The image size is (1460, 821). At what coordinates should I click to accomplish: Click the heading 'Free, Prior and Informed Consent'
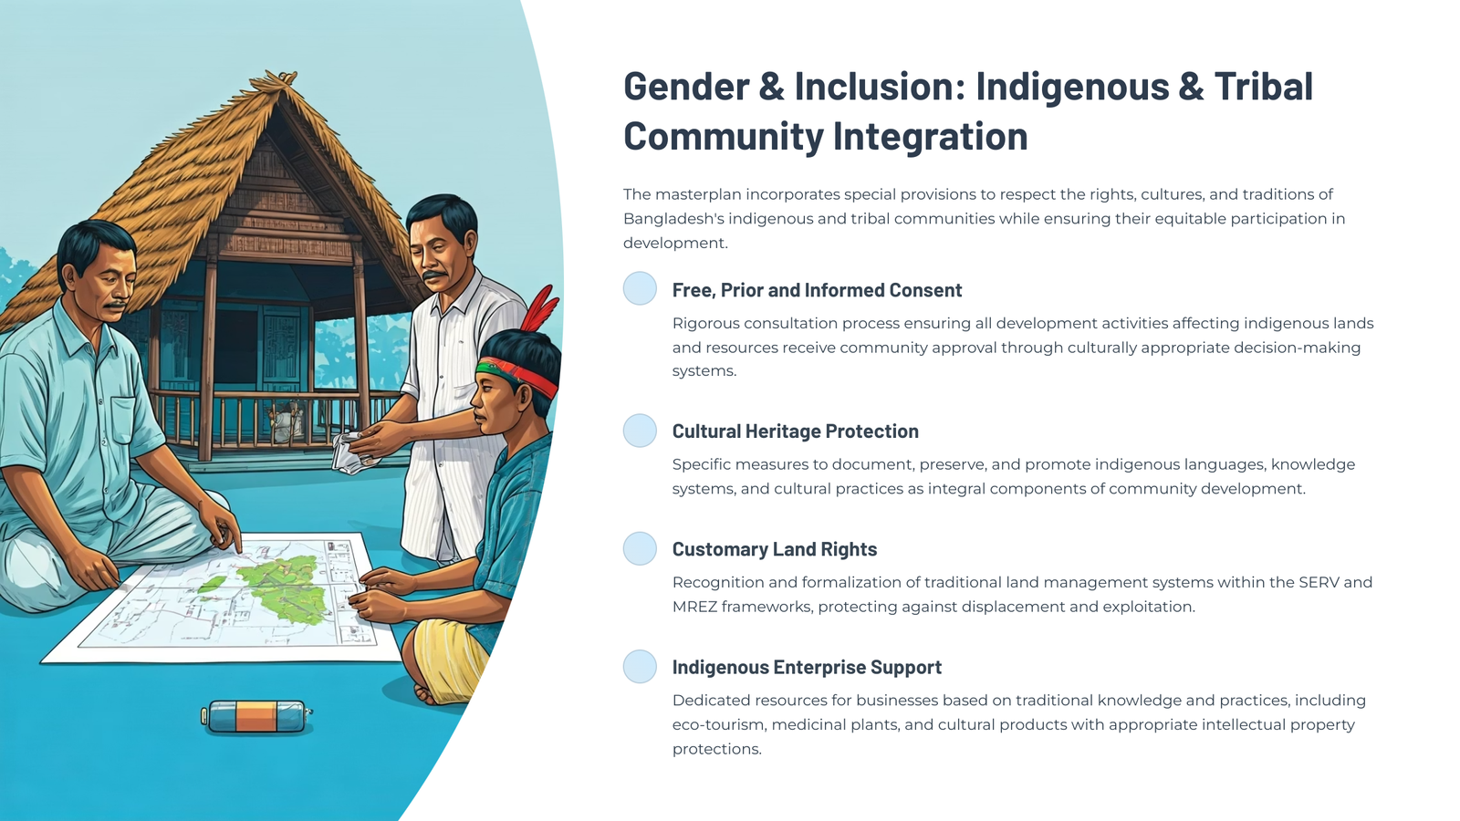pyautogui.click(x=817, y=291)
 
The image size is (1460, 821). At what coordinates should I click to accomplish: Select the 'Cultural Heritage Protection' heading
pyautogui.click(x=795, y=431)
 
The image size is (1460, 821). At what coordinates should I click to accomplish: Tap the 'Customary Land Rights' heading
pyautogui.click(x=775, y=549)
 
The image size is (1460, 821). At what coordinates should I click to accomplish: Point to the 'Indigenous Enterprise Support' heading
pyautogui.click(x=807, y=667)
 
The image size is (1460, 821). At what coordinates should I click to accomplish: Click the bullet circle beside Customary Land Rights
pyautogui.click(x=640, y=548)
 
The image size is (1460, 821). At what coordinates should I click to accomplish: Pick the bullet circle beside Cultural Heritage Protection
pyautogui.click(x=640, y=431)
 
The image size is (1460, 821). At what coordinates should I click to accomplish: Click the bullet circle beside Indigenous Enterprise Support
pyautogui.click(x=640, y=667)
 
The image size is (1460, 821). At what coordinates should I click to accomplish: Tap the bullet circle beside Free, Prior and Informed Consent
pyautogui.click(x=640, y=288)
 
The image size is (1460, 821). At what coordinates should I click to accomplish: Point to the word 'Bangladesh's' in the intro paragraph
pyautogui.click(x=673, y=219)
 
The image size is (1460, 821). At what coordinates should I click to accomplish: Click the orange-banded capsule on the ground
pyautogui.click(x=256, y=717)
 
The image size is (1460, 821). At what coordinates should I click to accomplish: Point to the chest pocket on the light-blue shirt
pyautogui.click(x=124, y=421)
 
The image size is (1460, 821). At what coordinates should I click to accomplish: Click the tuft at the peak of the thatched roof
pyautogui.click(x=280, y=80)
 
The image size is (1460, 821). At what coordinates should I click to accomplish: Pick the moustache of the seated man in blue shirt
pyautogui.click(x=116, y=306)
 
